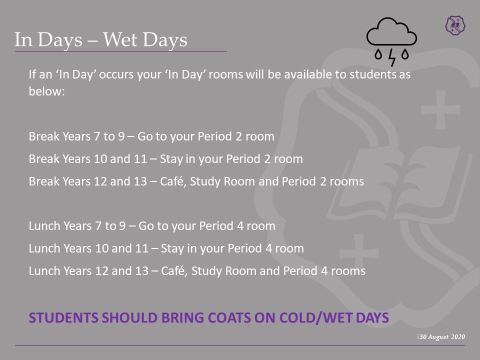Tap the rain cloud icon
(391, 41)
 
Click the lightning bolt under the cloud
(392, 57)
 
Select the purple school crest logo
(455, 25)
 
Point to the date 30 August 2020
(442, 336)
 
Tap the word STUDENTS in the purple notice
(63, 318)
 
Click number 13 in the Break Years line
(140, 181)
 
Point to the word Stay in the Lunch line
(172, 248)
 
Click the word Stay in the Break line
(171, 159)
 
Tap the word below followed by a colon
(47, 91)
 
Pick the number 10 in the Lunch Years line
(102, 248)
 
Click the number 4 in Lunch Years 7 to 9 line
(240, 226)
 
